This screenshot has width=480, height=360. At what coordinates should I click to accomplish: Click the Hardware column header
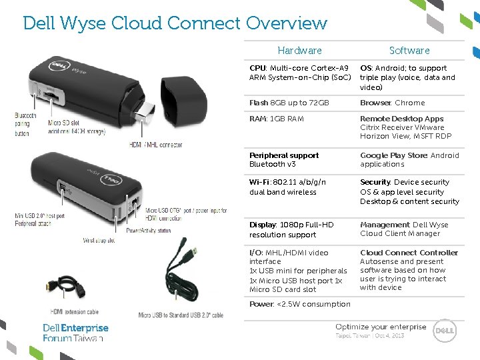tap(299, 51)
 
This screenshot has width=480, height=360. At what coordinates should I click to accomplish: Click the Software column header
tap(409, 51)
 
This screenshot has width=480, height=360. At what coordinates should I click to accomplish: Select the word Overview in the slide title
tap(287, 23)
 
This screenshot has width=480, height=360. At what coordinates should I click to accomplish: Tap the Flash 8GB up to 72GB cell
tap(289, 103)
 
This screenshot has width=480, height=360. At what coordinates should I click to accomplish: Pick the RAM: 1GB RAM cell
tap(277, 119)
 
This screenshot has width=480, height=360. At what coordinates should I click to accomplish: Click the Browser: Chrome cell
tap(393, 103)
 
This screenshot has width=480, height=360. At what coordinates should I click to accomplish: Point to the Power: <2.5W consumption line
tap(299, 304)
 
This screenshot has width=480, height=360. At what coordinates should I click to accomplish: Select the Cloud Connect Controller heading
tap(409, 253)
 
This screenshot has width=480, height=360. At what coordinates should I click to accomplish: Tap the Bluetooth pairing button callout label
tap(26, 124)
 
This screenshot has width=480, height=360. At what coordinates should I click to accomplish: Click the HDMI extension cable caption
tap(74, 311)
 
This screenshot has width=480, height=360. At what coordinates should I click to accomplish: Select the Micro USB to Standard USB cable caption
tap(181, 315)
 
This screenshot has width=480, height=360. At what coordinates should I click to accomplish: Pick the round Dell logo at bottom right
tap(445, 330)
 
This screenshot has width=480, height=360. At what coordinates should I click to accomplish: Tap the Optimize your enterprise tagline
tap(380, 327)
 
